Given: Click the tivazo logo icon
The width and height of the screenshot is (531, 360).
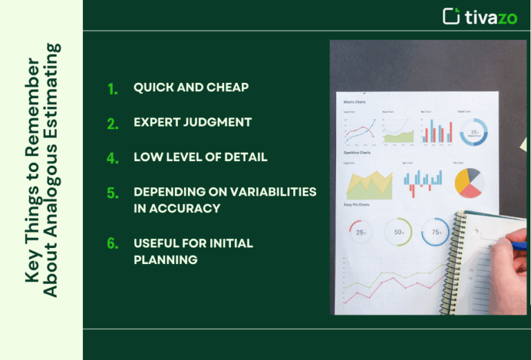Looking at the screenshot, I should pyautogui.click(x=451, y=16).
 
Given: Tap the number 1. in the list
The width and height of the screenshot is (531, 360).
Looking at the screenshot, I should pyautogui.click(x=113, y=88).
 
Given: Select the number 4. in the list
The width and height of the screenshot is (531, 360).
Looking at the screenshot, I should pyautogui.click(x=113, y=158).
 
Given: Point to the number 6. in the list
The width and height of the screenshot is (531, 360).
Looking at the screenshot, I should pyautogui.click(x=113, y=244).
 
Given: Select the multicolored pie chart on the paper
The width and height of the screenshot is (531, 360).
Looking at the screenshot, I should pyautogui.click(x=469, y=182).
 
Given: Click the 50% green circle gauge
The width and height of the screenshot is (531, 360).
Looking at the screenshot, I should pyautogui.click(x=399, y=232).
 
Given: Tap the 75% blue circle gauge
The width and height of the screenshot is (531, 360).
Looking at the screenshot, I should pyautogui.click(x=436, y=232).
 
